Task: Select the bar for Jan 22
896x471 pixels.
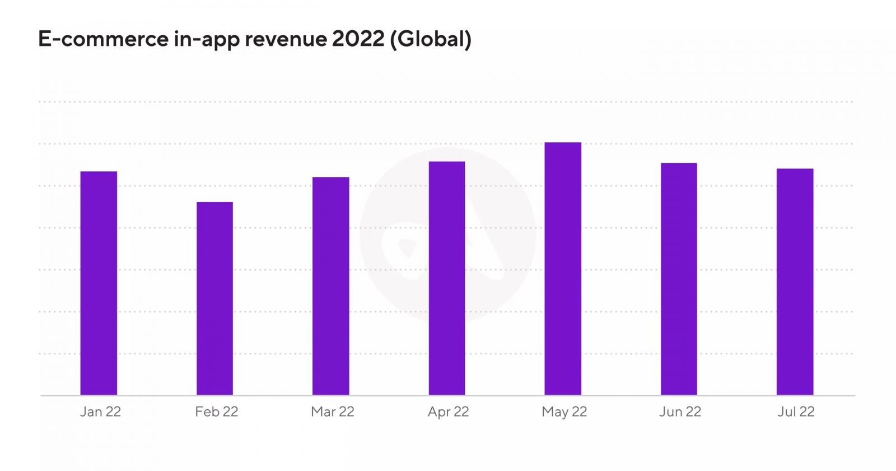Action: click(x=99, y=283)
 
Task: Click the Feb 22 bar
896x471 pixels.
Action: click(x=214, y=298)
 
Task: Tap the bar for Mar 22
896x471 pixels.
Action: click(x=330, y=286)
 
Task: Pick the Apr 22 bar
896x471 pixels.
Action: click(x=447, y=278)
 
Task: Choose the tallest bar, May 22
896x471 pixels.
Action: click(x=563, y=269)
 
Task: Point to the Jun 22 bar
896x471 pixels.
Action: click(x=679, y=279)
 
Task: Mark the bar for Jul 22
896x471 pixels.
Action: click(x=795, y=281)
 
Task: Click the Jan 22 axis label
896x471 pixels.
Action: click(x=100, y=412)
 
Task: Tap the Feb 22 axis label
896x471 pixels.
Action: click(x=217, y=412)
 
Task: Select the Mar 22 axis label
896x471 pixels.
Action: click(x=333, y=412)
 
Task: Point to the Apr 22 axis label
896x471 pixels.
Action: click(x=448, y=412)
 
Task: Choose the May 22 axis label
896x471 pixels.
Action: click(x=564, y=412)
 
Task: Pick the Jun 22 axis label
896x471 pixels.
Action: click(x=680, y=412)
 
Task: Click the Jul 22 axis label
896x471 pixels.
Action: click(x=796, y=412)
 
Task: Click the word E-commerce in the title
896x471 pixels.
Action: click(x=103, y=39)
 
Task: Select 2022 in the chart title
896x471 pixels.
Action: click(x=358, y=39)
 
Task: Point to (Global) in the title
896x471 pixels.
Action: click(x=431, y=39)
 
